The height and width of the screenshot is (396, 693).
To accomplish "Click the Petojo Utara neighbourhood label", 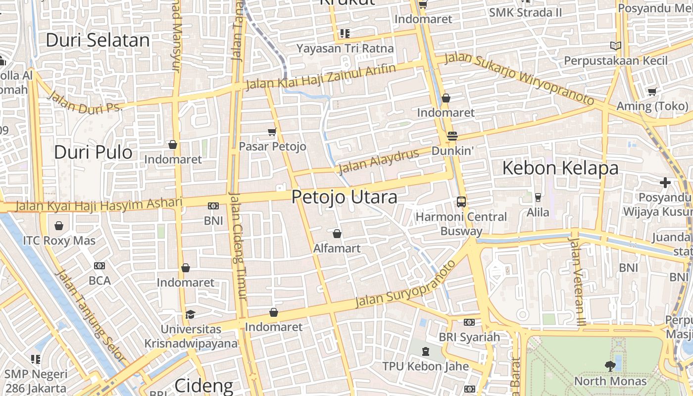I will point(344,197).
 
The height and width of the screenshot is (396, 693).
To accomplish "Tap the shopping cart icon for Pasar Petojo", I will point(272,132).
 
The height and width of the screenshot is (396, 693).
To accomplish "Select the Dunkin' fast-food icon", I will point(452,136).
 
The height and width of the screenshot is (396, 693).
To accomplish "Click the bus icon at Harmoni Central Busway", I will point(461,201).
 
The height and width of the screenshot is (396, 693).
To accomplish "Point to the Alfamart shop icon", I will point(337,234).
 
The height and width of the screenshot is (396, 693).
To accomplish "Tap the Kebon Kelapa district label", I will point(560,168).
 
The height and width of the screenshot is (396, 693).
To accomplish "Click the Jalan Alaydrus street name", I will point(379,161).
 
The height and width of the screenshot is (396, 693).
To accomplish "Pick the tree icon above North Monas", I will point(610,366).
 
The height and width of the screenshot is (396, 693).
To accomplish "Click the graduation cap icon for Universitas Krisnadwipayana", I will point(190,314).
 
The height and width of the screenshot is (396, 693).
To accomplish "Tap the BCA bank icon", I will point(99,266).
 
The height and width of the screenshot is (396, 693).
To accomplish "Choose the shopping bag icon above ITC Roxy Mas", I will point(59,226).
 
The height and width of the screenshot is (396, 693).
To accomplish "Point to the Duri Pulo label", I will point(93,152).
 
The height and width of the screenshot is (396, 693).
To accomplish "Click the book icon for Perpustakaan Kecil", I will point(616,46).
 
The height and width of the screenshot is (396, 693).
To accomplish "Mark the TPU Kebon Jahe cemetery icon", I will point(425,351).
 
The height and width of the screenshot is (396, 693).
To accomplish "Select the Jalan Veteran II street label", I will point(577,281).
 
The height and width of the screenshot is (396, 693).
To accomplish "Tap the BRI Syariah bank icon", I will point(469,322).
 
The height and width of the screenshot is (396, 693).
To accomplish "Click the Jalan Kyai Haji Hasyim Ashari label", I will point(99,204).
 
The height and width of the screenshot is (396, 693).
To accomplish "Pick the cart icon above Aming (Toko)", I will point(652,92).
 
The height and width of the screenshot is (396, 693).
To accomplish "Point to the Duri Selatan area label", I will point(98,41).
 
